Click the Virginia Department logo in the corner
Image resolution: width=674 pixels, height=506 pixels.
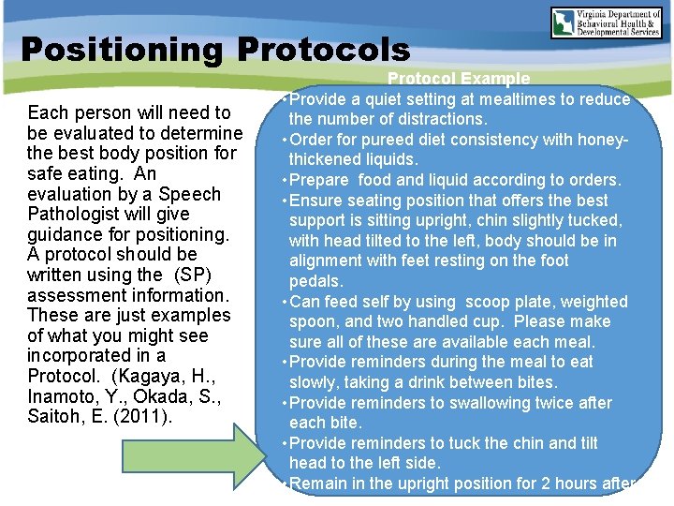pos(608,22)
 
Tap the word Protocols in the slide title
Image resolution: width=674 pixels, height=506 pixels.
pos(323,50)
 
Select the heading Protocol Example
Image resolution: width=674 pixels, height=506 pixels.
pos(459,80)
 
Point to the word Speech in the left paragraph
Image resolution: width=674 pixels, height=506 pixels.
pos(189,194)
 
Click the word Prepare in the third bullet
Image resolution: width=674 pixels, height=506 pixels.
pos(319,180)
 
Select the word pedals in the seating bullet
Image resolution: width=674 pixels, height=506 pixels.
pos(315,281)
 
